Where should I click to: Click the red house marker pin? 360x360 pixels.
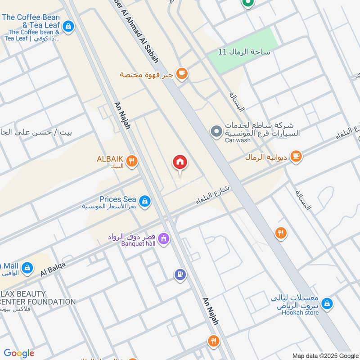tap(180, 162)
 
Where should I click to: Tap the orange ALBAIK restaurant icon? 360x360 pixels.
tap(131, 161)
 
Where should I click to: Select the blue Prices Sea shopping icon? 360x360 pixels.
tap(144, 201)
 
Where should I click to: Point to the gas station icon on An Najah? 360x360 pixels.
tap(180, 274)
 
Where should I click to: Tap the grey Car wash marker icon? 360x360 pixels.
tap(217, 132)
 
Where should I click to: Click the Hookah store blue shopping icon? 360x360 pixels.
tap(328, 304)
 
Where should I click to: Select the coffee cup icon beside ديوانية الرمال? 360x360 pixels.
tap(296, 157)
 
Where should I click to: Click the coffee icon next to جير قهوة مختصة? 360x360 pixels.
tap(182, 73)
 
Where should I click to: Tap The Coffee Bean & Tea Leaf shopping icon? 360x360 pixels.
tap(68, 27)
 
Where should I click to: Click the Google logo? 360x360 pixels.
tap(19, 353)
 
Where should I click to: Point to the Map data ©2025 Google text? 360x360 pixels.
tap(325, 355)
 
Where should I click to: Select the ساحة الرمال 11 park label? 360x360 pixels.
tap(244, 52)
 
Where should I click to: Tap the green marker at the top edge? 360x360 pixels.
tap(247, 3)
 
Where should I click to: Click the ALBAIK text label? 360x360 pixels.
tap(109, 159)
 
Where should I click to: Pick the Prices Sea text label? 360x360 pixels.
tap(117, 199)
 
